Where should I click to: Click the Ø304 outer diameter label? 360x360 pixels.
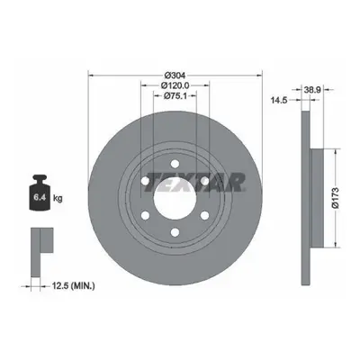click(x=175, y=75)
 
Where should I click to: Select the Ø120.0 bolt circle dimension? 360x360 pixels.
click(x=175, y=85)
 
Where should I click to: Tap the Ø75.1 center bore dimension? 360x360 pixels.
click(x=175, y=96)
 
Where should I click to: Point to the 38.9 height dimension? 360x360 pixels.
click(x=312, y=89)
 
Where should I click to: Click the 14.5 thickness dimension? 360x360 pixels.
click(x=279, y=100)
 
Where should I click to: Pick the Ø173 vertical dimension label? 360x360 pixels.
click(x=336, y=198)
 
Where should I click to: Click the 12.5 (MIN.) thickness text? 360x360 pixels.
click(x=74, y=286)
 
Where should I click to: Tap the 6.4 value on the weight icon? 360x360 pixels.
click(x=39, y=197)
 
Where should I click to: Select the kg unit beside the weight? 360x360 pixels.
click(x=58, y=198)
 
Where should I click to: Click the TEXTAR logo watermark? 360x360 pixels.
click(x=194, y=182)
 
